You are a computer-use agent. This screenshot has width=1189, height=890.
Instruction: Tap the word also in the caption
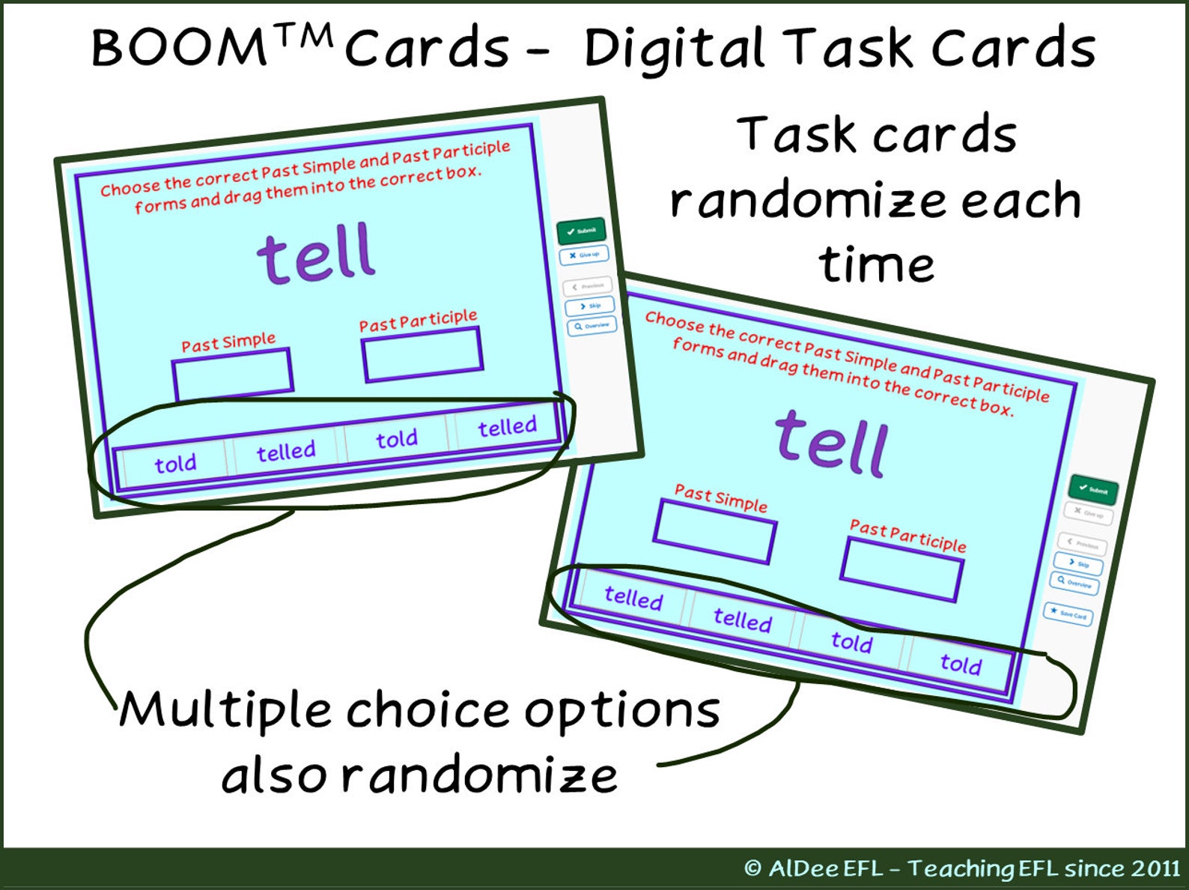tap(274, 776)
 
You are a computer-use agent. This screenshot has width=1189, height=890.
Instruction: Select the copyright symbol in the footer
tap(752, 868)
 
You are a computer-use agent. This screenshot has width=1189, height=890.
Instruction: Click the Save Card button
tap(1068, 614)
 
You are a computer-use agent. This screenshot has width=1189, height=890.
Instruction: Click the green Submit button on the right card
tap(1093, 490)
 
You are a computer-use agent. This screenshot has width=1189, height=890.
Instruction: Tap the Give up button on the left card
tap(584, 255)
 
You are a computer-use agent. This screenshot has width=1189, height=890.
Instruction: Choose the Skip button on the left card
tap(590, 306)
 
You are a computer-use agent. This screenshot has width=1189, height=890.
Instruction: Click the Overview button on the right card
tap(1074, 583)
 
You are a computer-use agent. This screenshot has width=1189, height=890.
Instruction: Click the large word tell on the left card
tap(316, 254)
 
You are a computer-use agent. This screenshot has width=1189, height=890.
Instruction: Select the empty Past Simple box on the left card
tap(232, 374)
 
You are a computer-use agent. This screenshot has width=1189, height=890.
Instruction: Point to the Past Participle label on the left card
tap(418, 321)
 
